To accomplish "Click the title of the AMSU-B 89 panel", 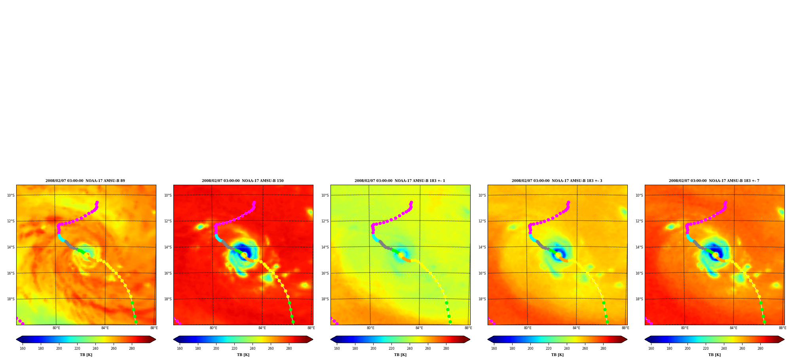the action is [x=85, y=181].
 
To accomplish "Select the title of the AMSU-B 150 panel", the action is [x=243, y=181].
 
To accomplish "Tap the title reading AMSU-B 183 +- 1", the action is [x=400, y=181].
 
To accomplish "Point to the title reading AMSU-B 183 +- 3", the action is [x=557, y=181].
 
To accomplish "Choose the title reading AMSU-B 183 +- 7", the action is [x=714, y=181].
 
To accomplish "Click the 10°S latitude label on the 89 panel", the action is [x=11, y=195].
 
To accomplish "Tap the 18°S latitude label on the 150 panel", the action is [x=168, y=299].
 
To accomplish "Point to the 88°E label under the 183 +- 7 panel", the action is [x=782, y=328].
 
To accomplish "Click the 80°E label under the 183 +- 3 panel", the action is [x=528, y=328].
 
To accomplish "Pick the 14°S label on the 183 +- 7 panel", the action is [x=639, y=247].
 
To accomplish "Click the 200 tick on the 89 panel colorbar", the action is [x=59, y=349].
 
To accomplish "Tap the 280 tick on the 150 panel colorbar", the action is [x=289, y=349].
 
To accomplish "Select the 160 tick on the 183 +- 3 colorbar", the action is [x=494, y=349].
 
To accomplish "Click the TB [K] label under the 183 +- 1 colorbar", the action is [x=400, y=355].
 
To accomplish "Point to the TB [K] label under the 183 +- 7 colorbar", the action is [x=714, y=355].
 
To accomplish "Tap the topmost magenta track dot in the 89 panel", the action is [x=97, y=203].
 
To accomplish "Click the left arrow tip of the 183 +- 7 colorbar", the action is [x=645, y=339].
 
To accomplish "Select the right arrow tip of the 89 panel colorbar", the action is [x=156, y=339].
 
